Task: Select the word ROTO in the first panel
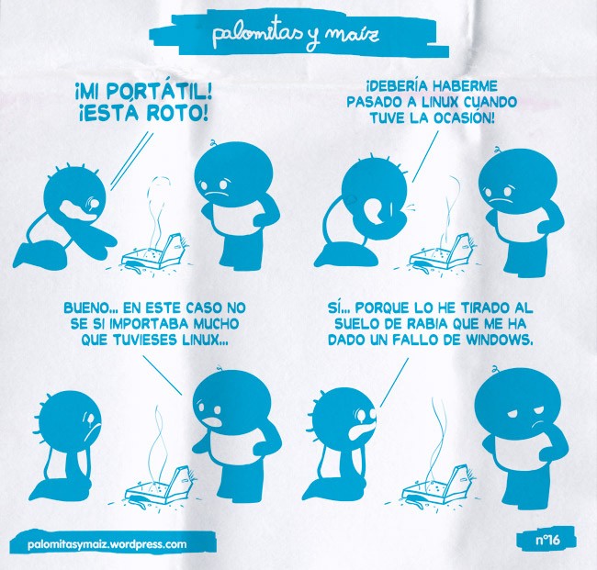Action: [x=177, y=113]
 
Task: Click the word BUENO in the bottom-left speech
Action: [x=87, y=307]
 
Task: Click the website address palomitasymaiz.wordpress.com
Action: [x=107, y=543]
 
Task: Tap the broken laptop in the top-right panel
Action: [x=442, y=252]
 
